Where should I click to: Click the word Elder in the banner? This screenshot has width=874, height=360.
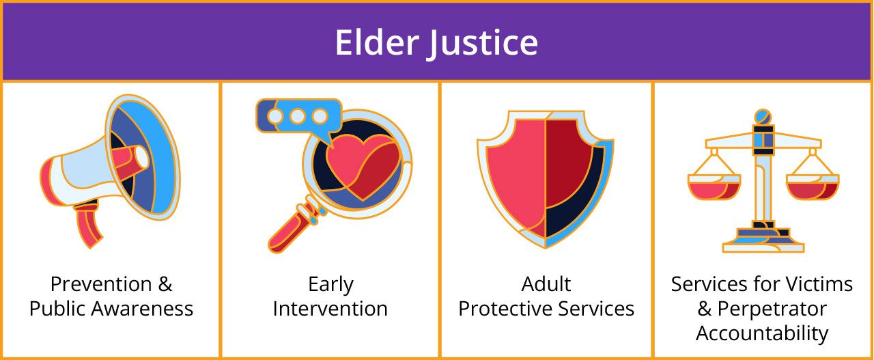tap(377, 42)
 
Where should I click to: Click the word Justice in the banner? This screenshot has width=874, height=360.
tap(484, 44)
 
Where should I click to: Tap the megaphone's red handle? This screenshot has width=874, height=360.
tap(88, 227)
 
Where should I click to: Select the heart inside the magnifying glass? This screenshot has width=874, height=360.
tap(363, 167)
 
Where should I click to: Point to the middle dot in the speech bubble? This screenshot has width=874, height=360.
tap(297, 116)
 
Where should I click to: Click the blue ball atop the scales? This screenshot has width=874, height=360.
tap(763, 117)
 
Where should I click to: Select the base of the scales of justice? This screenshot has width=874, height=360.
tap(763, 240)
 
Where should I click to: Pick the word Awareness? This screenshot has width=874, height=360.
tap(143, 309)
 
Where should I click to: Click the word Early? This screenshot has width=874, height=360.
tap(331, 285)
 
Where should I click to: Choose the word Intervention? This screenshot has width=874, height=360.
tap(330, 309)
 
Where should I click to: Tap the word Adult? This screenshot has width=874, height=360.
tap(546, 284)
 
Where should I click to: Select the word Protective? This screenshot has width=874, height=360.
tap(505, 309)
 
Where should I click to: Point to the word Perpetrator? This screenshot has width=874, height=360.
tap(772, 309)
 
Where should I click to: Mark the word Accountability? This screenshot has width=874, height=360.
tap(762, 334)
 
